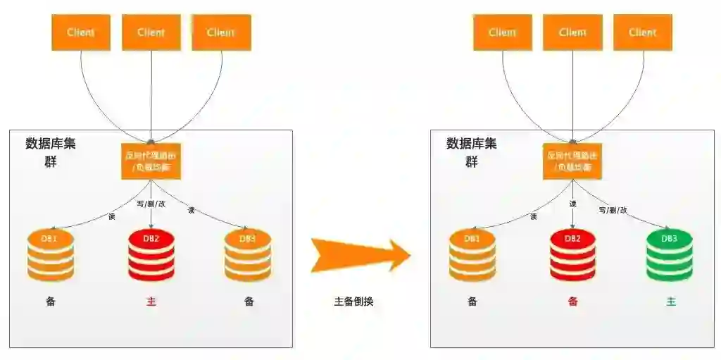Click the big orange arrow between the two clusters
pos(359,254)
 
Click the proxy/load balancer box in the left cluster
pos(151,161)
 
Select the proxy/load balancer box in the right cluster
pos(572,161)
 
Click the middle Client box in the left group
pos(151,32)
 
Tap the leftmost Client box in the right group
pos(503,32)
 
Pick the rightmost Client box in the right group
pos(643,32)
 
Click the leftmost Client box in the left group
pos(81,32)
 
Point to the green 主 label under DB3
pos(671,302)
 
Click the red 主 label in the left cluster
pos(151,302)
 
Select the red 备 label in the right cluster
pos(572,302)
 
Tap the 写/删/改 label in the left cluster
pos(151,204)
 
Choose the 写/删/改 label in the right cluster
pos(613,209)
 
